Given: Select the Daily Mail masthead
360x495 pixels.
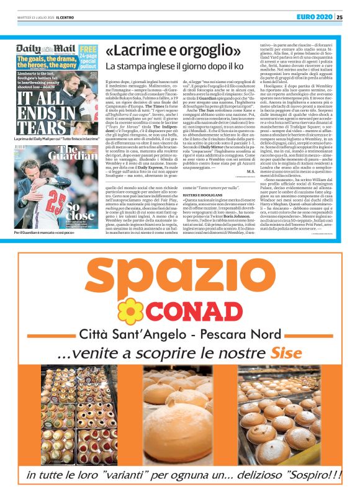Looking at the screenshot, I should tap(38, 48).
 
